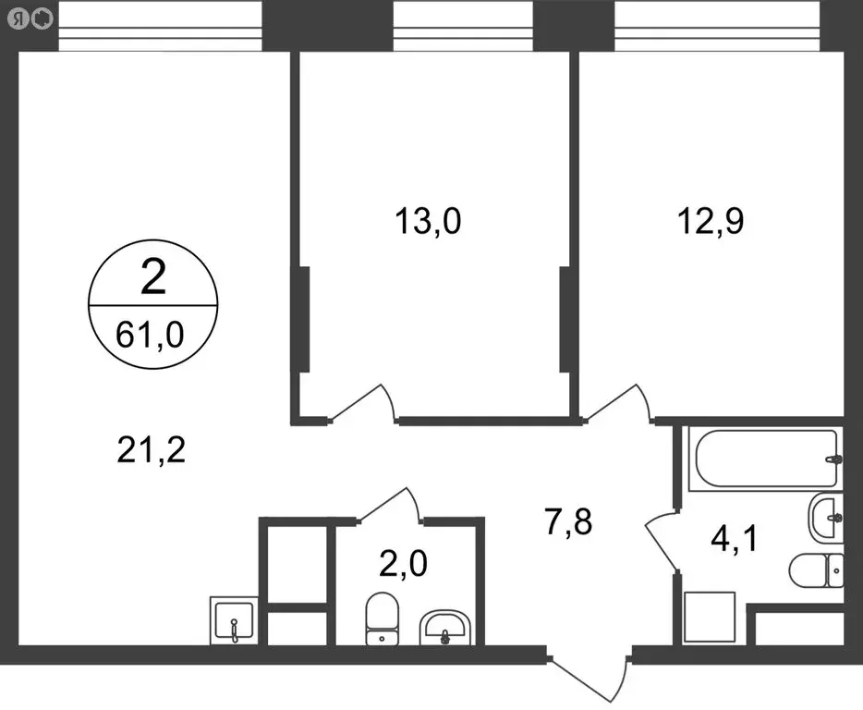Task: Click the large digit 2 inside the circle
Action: tap(152, 277)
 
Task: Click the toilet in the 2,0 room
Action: tap(380, 618)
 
